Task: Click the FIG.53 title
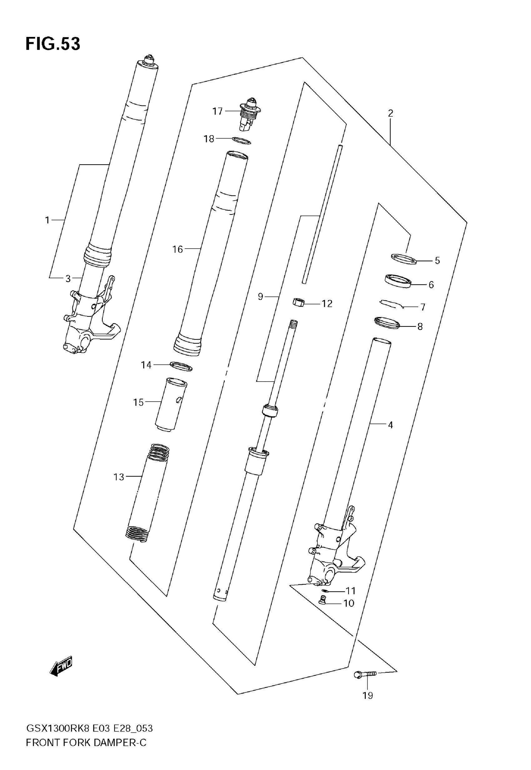(x=53, y=44)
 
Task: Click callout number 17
(x=217, y=111)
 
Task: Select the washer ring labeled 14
(x=181, y=366)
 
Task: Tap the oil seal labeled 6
(x=398, y=281)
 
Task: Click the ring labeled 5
(x=404, y=258)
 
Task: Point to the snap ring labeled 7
(x=392, y=303)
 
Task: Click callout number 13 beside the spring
(x=119, y=477)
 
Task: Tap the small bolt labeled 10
(x=322, y=600)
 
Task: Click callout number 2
(x=391, y=113)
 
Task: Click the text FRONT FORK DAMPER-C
(x=86, y=743)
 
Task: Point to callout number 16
(x=178, y=249)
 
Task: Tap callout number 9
(x=261, y=296)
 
